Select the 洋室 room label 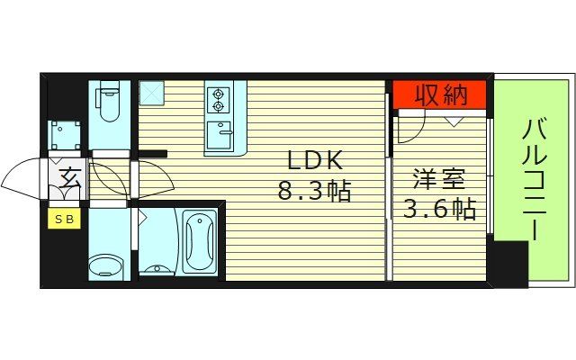[439, 178]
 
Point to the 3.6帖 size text [440, 210]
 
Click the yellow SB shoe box [64, 218]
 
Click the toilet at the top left [110, 102]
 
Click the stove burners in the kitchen [219, 98]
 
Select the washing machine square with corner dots [66, 134]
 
